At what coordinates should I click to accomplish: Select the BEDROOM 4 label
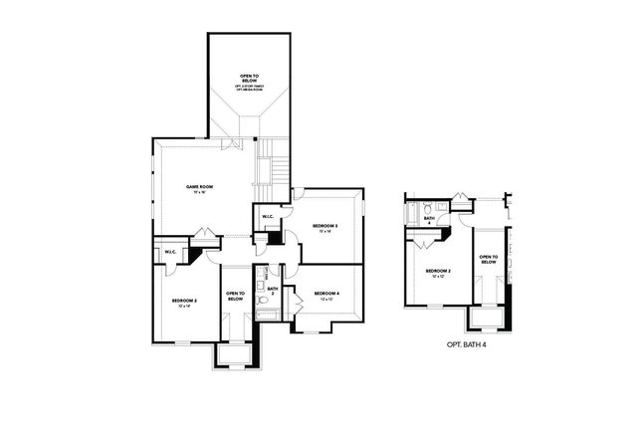(326, 293)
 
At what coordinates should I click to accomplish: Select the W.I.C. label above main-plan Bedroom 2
(170, 253)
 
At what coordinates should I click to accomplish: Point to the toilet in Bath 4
(424, 210)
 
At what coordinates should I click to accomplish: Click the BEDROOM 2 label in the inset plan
(439, 271)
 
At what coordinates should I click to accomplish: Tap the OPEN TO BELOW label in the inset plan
(488, 259)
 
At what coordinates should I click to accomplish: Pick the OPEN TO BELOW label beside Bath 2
(236, 296)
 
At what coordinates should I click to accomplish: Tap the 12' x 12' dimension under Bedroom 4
(326, 300)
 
